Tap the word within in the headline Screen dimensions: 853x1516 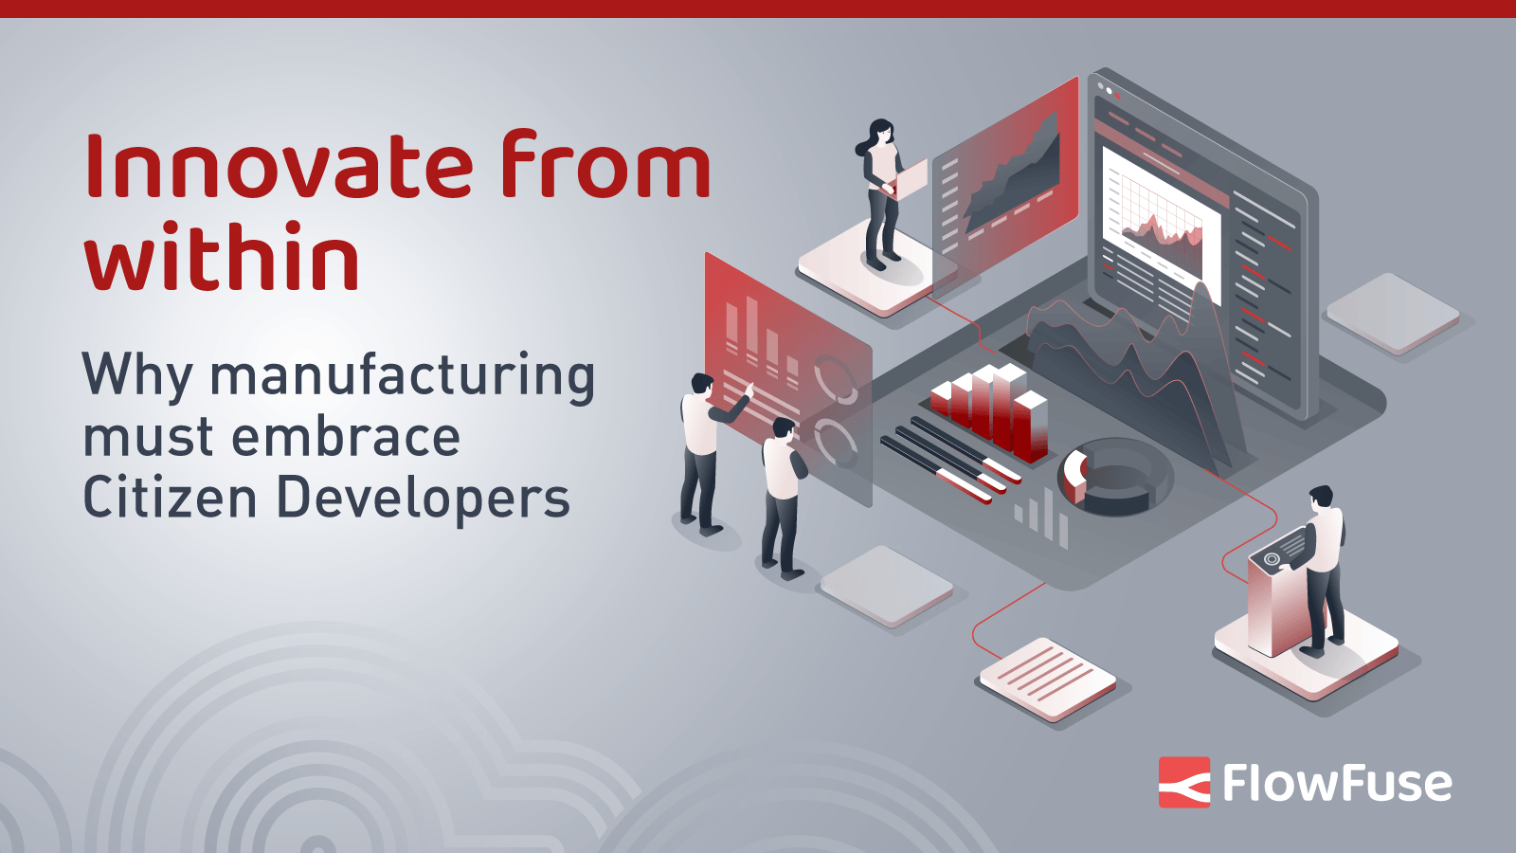(x=223, y=257)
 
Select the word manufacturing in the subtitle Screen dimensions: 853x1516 (x=403, y=376)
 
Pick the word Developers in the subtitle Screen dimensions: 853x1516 (x=423, y=499)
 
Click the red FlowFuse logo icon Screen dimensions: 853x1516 (x=1184, y=782)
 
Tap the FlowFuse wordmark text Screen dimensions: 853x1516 (x=1337, y=783)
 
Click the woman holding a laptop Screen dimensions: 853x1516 (x=881, y=194)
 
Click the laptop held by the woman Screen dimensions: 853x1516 (x=911, y=179)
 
